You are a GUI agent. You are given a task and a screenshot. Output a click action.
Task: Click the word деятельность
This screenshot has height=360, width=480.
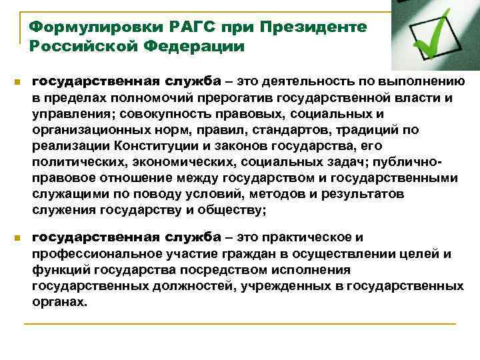[304, 81]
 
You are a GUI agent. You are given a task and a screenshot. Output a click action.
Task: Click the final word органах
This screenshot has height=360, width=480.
[59, 301]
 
